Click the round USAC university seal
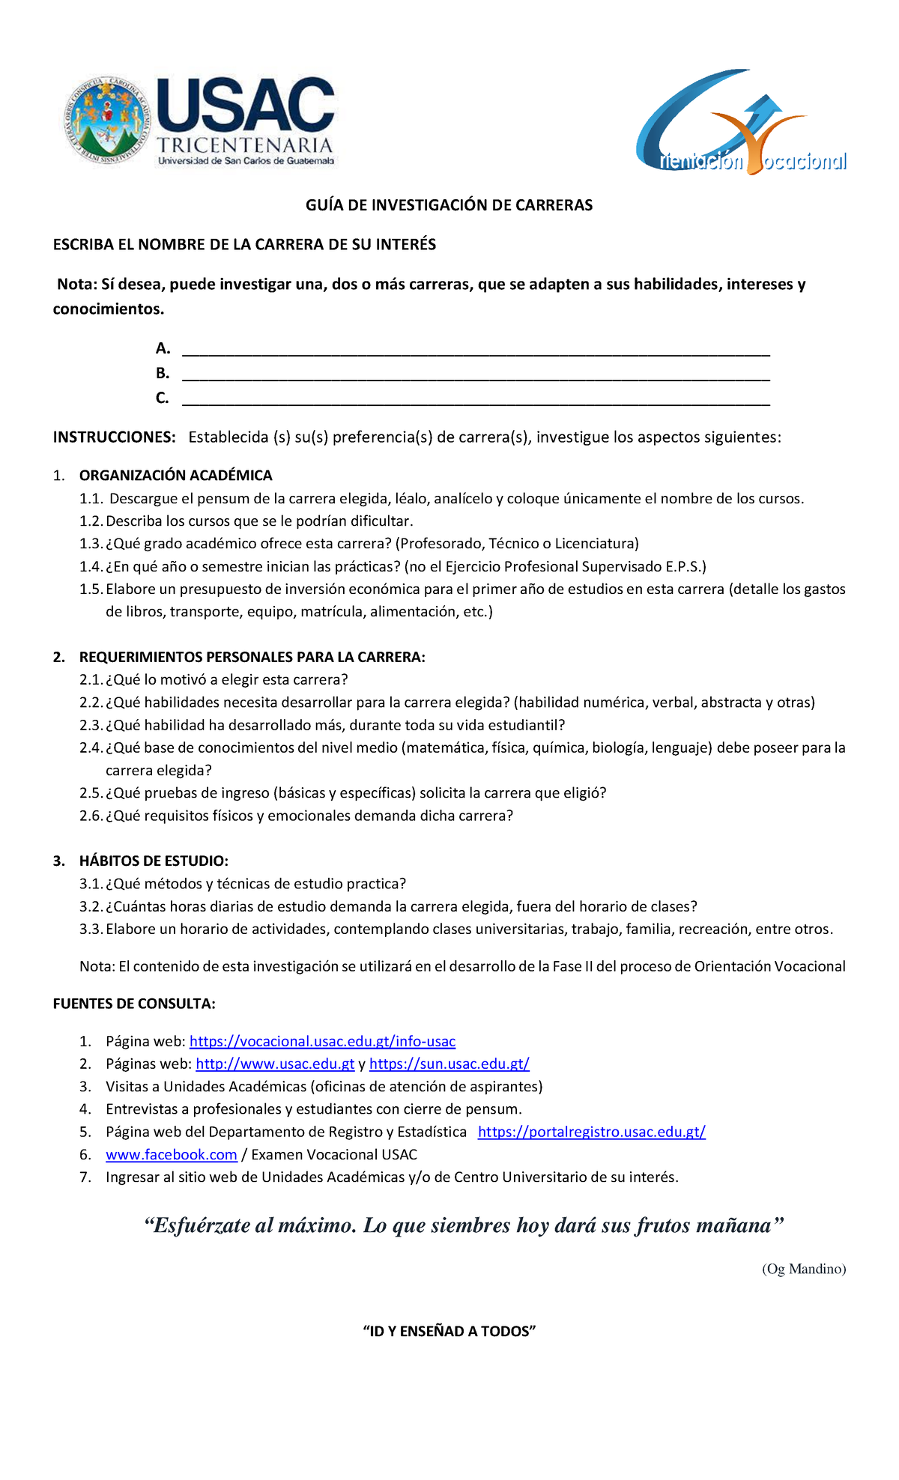[x=106, y=120]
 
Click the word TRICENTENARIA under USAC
[x=245, y=145]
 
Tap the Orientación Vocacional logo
[x=742, y=124]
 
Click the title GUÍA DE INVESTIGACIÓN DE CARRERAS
[x=449, y=205]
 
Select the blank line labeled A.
[x=476, y=351]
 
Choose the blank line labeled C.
[x=476, y=400]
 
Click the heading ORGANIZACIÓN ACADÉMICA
[x=175, y=476]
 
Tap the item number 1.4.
[x=91, y=567]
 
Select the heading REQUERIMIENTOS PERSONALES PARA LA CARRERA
[x=252, y=658]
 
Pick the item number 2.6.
[x=91, y=816]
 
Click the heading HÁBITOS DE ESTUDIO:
[x=154, y=861]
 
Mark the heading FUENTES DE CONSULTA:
[x=134, y=1004]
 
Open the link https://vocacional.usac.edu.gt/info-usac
[x=322, y=1042]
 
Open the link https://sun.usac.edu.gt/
[x=449, y=1064]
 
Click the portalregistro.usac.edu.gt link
[x=591, y=1132]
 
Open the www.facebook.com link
[x=171, y=1155]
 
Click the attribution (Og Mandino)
[x=803, y=1269]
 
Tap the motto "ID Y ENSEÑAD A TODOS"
[x=449, y=1331]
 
